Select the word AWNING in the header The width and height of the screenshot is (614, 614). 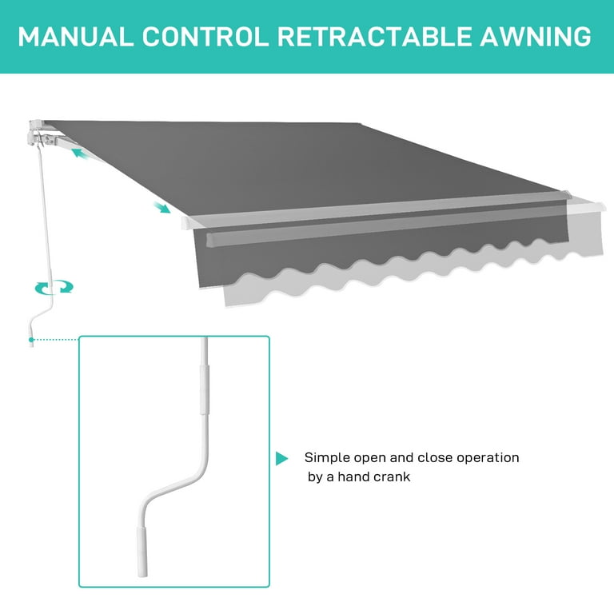click(x=543, y=36)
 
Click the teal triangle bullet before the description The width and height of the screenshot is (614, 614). click(x=281, y=459)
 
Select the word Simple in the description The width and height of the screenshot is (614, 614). click(x=325, y=458)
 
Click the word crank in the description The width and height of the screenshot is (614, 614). click(x=393, y=477)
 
